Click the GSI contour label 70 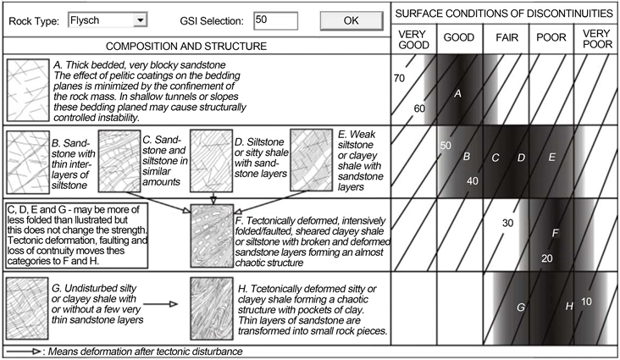coord(401,78)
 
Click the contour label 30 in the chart coord(507,223)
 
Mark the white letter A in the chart coord(457,94)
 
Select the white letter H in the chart coord(570,305)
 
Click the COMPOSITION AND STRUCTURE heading coord(196,44)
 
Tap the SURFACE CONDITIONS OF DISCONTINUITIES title coord(506,14)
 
